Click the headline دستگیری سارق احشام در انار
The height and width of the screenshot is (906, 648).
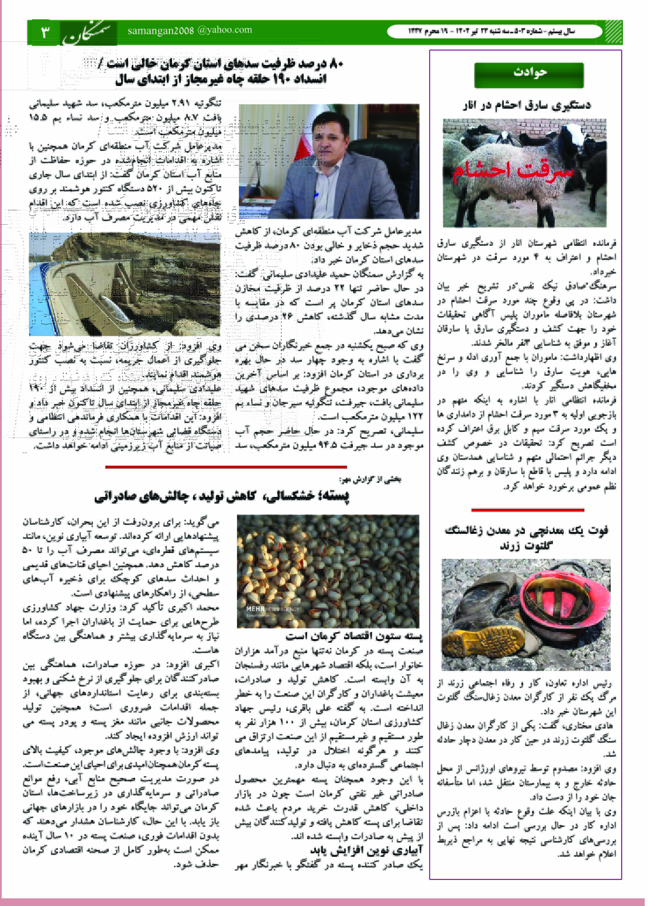tap(527, 105)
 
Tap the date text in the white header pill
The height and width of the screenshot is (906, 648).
tap(491, 31)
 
